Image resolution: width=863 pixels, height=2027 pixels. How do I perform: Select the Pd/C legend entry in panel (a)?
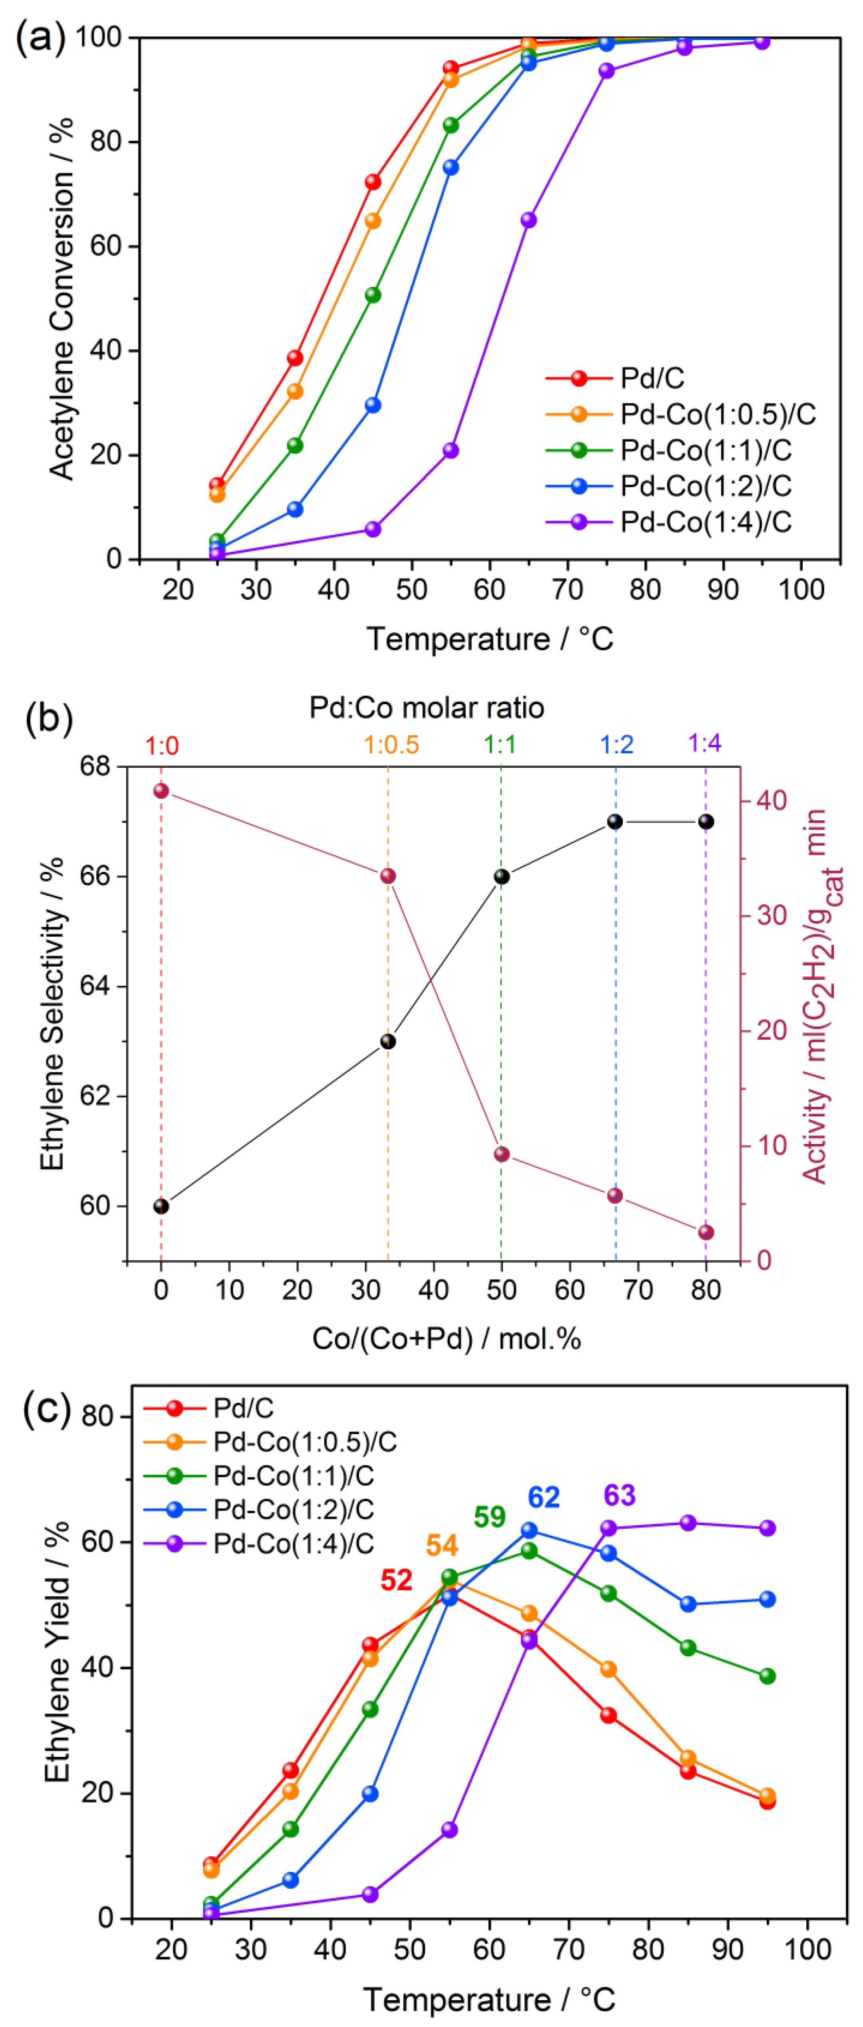click(651, 379)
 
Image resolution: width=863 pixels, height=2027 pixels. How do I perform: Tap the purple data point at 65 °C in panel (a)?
click(529, 220)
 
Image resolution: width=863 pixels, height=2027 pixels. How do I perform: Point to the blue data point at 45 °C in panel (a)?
click(373, 405)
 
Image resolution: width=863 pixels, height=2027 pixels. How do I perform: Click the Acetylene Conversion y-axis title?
click(62, 299)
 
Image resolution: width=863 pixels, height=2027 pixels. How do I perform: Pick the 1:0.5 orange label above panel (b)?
click(391, 744)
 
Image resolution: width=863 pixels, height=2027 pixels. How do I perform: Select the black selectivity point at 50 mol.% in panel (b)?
click(501, 877)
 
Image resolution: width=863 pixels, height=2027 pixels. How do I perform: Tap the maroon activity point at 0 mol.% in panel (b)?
click(161, 791)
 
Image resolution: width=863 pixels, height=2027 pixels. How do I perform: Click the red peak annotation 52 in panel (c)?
click(397, 1579)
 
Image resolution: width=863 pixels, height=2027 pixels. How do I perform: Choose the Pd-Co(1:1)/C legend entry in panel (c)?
click(293, 1475)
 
